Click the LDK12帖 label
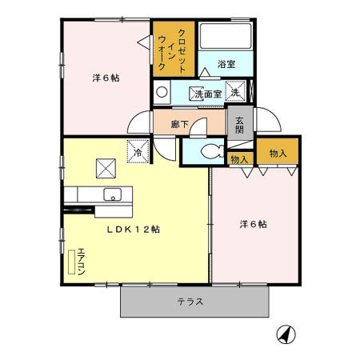134,229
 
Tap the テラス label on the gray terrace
190,302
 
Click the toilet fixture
211,150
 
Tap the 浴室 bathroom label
226,64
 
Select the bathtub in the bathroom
226,38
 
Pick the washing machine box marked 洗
236,93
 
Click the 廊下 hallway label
180,124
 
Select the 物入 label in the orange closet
278,153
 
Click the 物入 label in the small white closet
239,160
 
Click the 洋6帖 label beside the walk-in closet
106,78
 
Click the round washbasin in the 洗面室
162,92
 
